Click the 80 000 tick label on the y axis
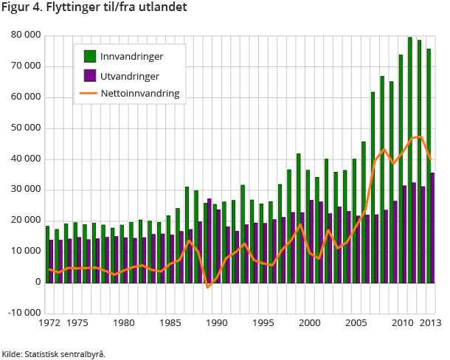[24, 35]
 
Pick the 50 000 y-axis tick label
[24, 128]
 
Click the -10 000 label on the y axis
[23, 313]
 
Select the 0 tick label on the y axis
[35, 282]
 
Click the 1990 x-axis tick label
[215, 323]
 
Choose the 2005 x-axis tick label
[355, 323]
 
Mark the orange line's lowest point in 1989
[207, 287]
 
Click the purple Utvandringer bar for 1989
[210, 240]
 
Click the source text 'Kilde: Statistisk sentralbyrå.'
[54, 354]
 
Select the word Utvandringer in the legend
[129, 75]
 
